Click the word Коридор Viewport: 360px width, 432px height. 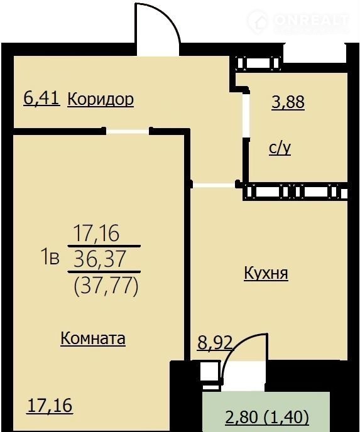tap(101, 99)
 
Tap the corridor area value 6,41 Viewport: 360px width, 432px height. tap(41, 99)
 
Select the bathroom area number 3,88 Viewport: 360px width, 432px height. tap(288, 102)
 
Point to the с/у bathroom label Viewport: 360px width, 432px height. tap(280, 148)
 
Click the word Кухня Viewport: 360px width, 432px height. tap(266, 273)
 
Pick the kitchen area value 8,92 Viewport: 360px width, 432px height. tap(214, 343)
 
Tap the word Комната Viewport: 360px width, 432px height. tap(93, 338)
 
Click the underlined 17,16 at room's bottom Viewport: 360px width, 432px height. tap(50, 406)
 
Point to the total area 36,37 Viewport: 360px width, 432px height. tap(100, 259)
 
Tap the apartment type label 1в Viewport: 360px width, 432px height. tap(50, 259)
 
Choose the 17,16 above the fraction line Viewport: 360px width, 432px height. tap(96, 233)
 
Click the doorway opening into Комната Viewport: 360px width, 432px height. tap(128, 131)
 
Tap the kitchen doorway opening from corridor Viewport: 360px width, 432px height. tap(214, 185)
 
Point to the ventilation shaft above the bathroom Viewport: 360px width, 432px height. tap(259, 63)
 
